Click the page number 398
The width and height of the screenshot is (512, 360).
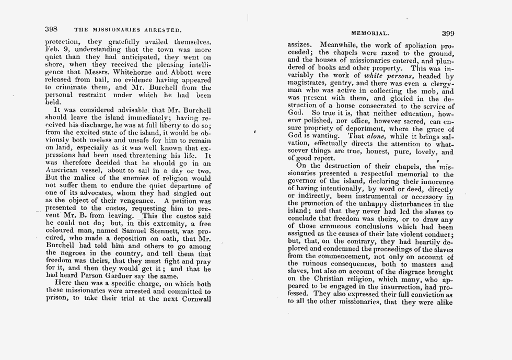click(51, 29)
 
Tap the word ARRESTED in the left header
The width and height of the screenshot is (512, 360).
click(161, 30)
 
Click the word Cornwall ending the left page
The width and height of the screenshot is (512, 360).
click(194, 299)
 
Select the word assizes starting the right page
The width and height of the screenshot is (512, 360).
click(300, 45)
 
